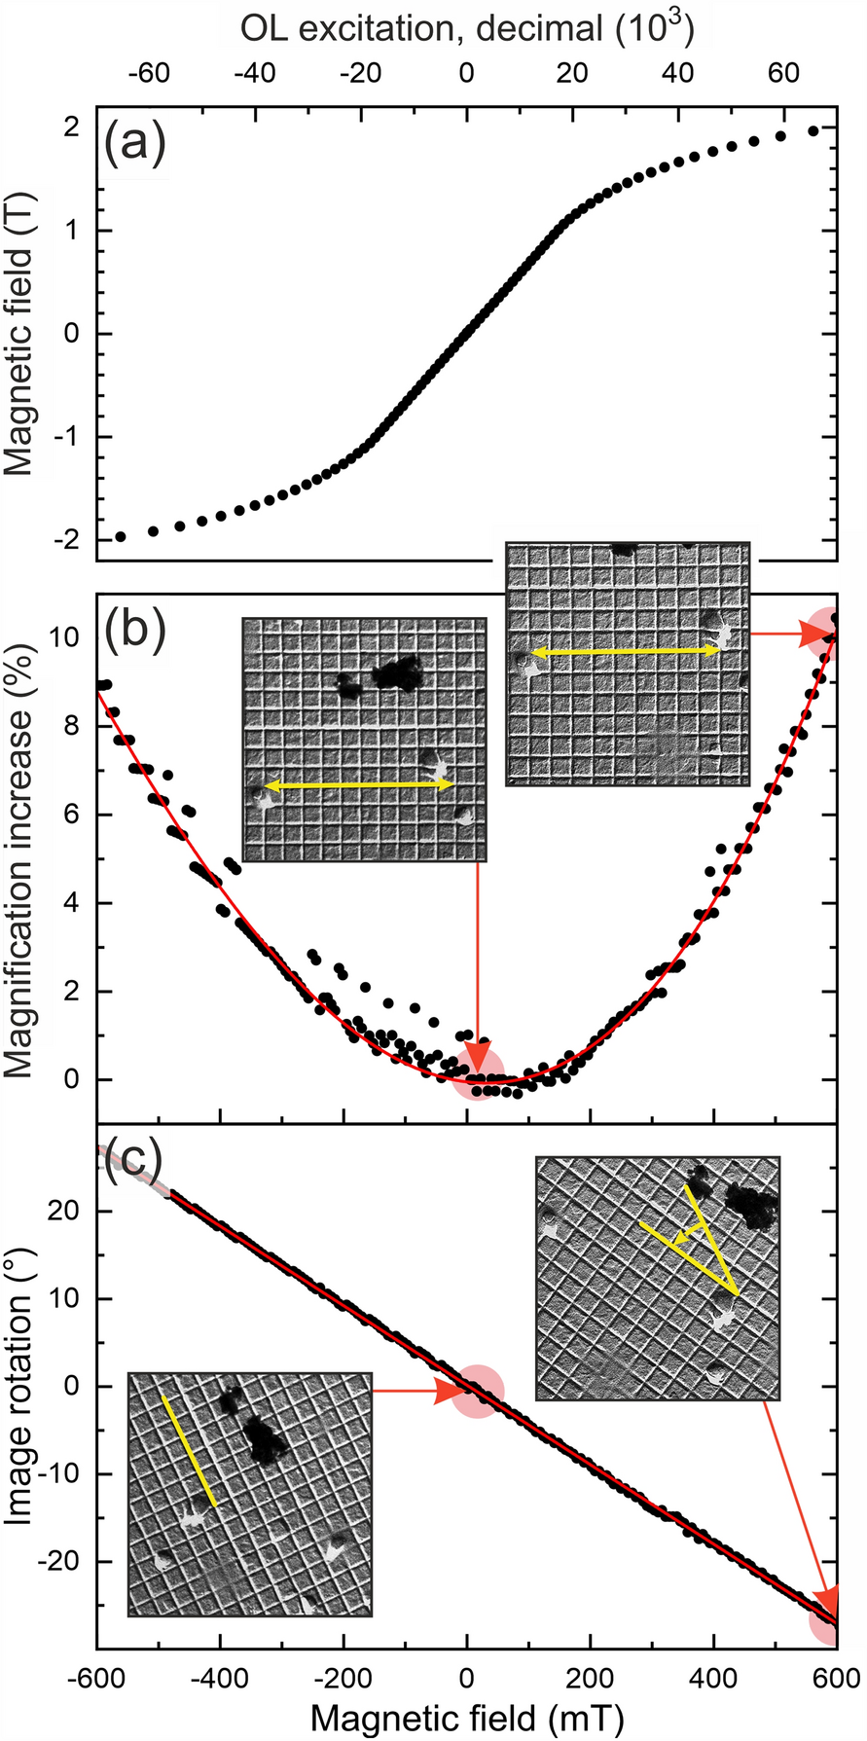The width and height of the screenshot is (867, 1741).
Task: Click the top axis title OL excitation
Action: tap(467, 28)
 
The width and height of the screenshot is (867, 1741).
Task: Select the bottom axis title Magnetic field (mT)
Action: tap(467, 1719)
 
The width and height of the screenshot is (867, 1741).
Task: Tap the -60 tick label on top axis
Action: tap(148, 73)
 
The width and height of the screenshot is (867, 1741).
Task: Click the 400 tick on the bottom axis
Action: tap(713, 1678)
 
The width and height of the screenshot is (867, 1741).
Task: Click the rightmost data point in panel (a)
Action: tap(814, 130)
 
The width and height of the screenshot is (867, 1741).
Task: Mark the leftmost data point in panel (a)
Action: tap(120, 536)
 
